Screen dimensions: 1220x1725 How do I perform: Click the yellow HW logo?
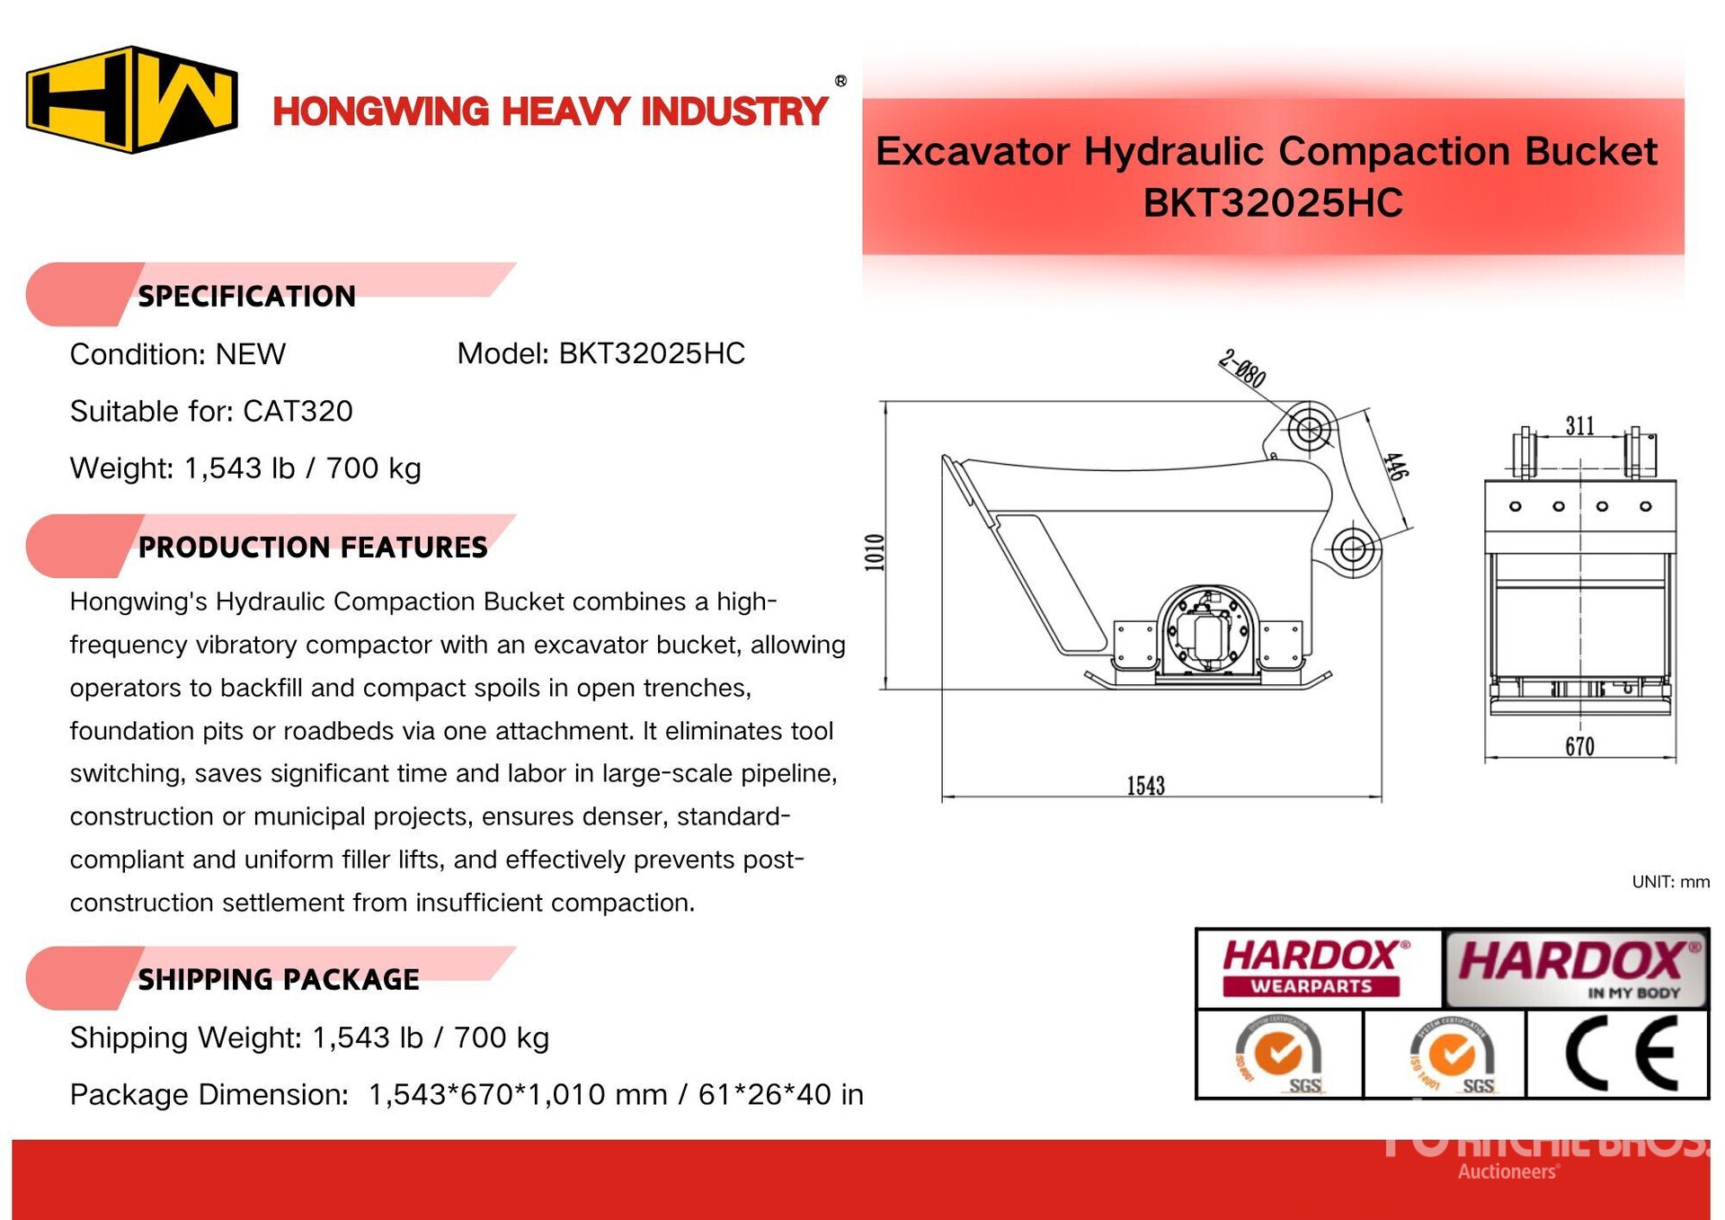132,99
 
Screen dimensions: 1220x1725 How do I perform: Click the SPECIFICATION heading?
246,296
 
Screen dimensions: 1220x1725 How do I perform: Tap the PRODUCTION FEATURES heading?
312,547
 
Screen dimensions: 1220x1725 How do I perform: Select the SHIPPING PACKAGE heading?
278,979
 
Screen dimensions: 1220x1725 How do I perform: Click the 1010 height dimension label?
875,552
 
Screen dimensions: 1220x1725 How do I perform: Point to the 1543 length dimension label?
1145,786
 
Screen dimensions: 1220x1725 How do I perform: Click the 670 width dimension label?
1579,746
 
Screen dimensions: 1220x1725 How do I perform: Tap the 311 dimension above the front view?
1579,425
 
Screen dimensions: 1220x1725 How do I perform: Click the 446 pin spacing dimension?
1394,466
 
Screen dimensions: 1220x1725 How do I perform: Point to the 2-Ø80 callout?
1243,368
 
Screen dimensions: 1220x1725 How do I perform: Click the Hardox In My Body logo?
1576,967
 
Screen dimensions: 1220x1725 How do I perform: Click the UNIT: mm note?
1670,881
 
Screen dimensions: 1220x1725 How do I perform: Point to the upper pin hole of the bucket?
1309,429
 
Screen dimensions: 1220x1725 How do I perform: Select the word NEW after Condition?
250,354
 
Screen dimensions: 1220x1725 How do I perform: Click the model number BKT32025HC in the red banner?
1272,202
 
